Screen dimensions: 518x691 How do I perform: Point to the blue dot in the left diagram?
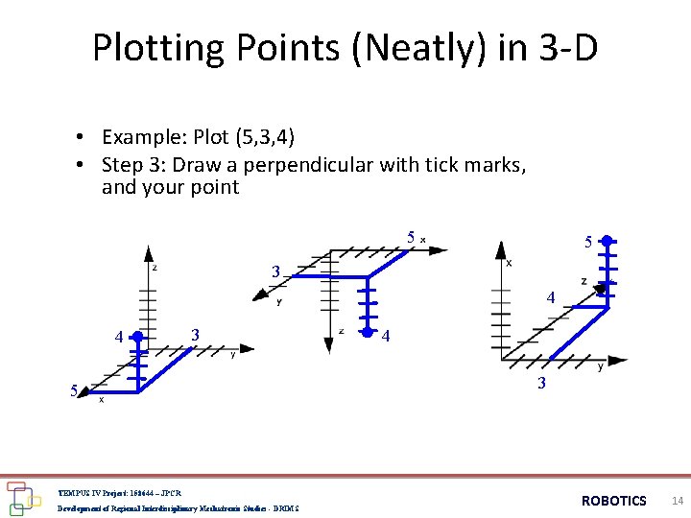click(x=138, y=337)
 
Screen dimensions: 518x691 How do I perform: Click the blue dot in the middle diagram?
click(x=365, y=334)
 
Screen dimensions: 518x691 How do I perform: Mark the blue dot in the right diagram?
click(x=607, y=242)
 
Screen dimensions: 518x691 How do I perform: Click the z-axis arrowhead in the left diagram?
click(x=148, y=254)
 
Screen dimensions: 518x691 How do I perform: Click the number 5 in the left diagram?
click(x=74, y=390)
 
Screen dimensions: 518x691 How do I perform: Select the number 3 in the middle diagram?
click(x=275, y=272)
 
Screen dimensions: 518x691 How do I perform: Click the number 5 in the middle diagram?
click(x=410, y=237)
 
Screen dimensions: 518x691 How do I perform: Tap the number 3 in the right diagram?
click(x=541, y=384)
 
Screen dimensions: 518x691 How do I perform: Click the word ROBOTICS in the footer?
click(x=614, y=501)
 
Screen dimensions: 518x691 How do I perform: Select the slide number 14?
click(x=678, y=501)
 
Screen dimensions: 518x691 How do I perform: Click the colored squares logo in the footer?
click(x=20, y=497)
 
